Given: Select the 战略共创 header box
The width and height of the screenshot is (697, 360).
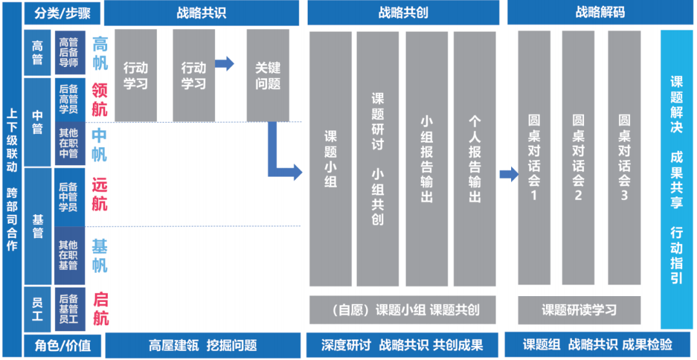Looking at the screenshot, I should [403, 13].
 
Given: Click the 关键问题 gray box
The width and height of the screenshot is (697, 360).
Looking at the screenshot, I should [268, 75].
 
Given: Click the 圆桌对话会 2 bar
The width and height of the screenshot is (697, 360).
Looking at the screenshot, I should [578, 158].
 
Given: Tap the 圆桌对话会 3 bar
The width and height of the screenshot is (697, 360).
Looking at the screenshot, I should [623, 158].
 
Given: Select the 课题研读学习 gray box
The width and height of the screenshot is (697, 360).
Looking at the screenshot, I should [579, 310].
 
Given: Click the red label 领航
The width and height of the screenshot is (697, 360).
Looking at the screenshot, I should [99, 99].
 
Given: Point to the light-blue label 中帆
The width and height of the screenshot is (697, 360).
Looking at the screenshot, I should [99, 145].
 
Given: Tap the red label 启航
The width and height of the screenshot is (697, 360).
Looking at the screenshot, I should [101, 309].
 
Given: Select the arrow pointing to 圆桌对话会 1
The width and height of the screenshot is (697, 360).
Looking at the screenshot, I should [509, 174].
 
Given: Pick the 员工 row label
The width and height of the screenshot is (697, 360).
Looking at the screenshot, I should [37, 309].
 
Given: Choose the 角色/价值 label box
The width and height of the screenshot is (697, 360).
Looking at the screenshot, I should [62, 345].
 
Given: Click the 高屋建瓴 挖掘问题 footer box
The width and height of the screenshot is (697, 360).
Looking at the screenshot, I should [203, 345].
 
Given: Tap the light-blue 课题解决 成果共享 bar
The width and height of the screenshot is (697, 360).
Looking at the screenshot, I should [676, 179].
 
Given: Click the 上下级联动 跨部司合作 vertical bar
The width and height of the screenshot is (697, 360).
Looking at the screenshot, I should [12, 179].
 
